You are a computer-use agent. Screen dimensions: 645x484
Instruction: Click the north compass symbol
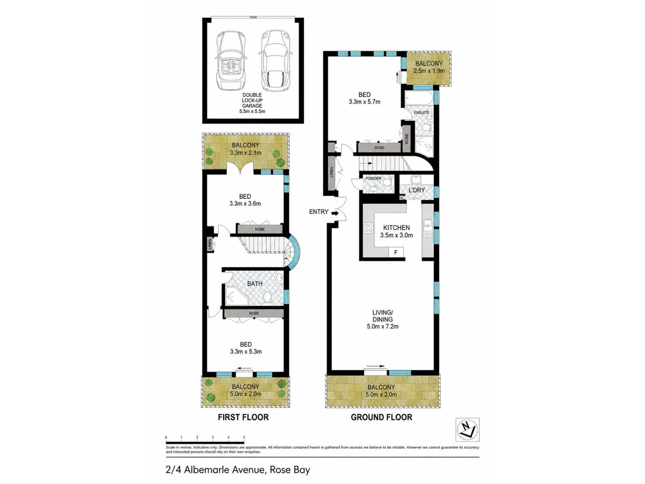coord(467,429)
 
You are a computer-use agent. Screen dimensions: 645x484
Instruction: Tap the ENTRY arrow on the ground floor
coord(335,213)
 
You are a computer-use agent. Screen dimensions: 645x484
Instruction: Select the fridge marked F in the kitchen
coord(396,252)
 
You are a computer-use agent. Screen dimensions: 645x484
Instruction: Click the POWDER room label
coord(373,178)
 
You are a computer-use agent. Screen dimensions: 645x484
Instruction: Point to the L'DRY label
coord(417,190)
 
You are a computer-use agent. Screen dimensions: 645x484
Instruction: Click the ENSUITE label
coord(422,113)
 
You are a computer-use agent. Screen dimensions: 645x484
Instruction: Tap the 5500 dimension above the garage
coord(253,17)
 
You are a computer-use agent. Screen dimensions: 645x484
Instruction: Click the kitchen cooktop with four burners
coord(368,228)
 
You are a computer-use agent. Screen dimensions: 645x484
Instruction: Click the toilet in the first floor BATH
coord(267,297)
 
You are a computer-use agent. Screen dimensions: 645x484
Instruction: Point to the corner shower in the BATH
coord(236,295)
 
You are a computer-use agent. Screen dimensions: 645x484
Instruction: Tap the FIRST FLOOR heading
coord(243,417)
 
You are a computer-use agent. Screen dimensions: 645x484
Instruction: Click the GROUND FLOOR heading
coord(382,417)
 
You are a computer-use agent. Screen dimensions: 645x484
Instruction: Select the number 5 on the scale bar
coord(244,437)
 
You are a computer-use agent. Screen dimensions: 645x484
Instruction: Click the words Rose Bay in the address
coord(290,469)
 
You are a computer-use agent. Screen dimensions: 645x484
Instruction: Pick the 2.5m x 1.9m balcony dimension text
coord(429,71)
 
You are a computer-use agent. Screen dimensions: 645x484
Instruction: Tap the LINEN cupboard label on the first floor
coord(210,244)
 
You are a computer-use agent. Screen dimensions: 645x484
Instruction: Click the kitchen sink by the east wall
coord(428,224)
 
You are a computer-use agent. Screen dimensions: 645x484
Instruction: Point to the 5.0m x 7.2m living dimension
coord(382,327)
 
